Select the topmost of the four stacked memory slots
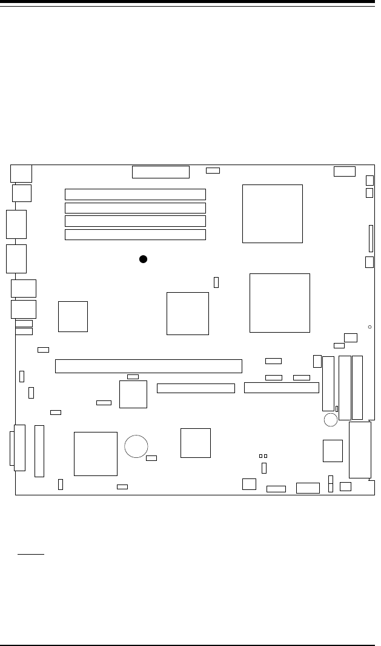click(x=135, y=194)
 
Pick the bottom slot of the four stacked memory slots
click(x=135, y=235)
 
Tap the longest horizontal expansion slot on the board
click(x=148, y=366)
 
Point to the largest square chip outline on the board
click(x=280, y=302)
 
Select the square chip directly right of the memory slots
click(x=272, y=214)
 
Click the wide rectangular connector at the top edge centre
click(x=161, y=172)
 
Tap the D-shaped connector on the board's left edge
click(x=18, y=448)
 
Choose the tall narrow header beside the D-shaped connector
click(x=39, y=451)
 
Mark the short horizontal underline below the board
click(x=30, y=553)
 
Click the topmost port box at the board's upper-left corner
click(x=21, y=173)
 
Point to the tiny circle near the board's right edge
click(x=369, y=327)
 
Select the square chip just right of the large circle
click(x=196, y=443)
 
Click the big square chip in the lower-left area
click(x=95, y=454)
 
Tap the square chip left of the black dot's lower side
click(x=73, y=316)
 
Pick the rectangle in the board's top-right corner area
click(x=344, y=171)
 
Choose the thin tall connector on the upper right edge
click(x=371, y=239)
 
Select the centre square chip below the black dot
click(x=188, y=313)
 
